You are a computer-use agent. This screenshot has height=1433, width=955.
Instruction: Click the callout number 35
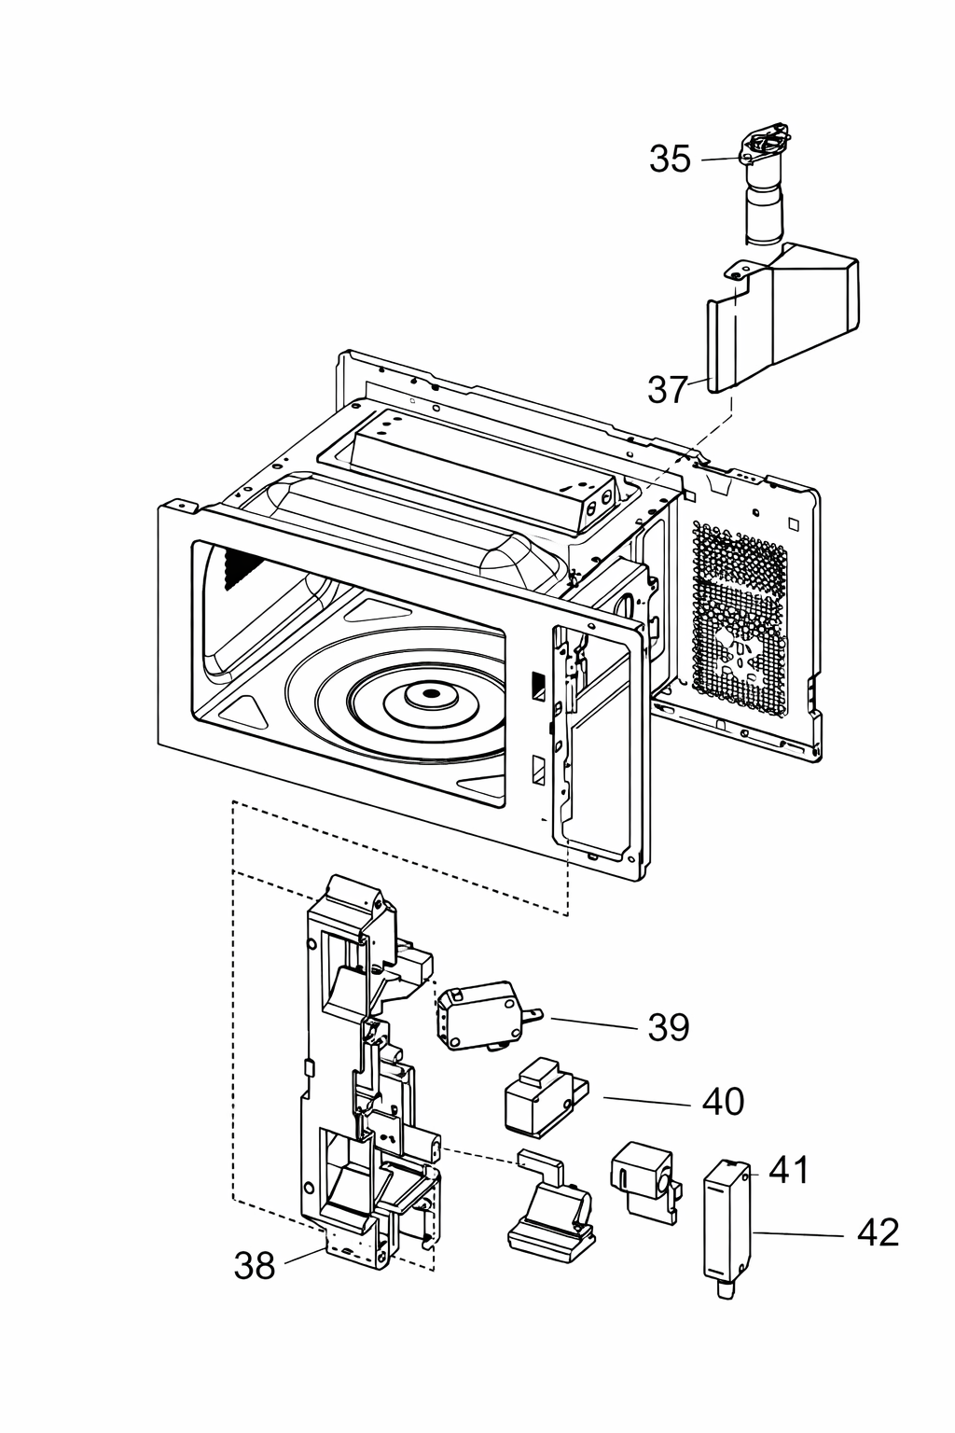click(x=671, y=159)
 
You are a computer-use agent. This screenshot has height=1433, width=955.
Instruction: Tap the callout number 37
click(x=668, y=389)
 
